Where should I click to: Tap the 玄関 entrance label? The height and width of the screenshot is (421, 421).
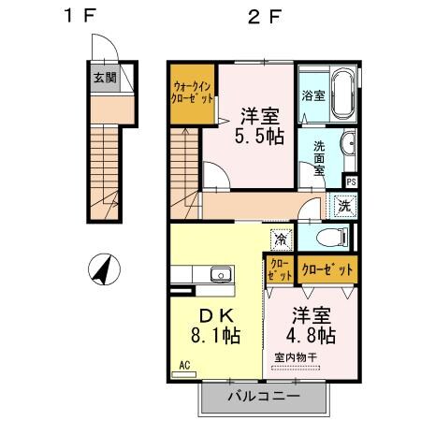pos(104,78)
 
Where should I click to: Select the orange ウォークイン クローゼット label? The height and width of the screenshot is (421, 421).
pos(194,95)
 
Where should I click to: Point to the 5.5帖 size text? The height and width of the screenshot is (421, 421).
pos(260,137)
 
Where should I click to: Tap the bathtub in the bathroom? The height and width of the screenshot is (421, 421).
pos(340,94)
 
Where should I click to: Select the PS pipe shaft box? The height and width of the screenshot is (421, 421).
pos(351,181)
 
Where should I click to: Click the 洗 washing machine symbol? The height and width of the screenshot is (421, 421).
pos(344,206)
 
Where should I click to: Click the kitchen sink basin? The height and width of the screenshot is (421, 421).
pos(221,275)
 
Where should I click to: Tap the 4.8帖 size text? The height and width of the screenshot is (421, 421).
pos(312,334)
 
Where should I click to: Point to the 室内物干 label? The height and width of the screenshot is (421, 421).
pos(297,357)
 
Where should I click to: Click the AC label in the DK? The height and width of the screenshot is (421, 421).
pos(183,365)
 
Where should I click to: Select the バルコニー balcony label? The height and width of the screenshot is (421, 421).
pos(263,396)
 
